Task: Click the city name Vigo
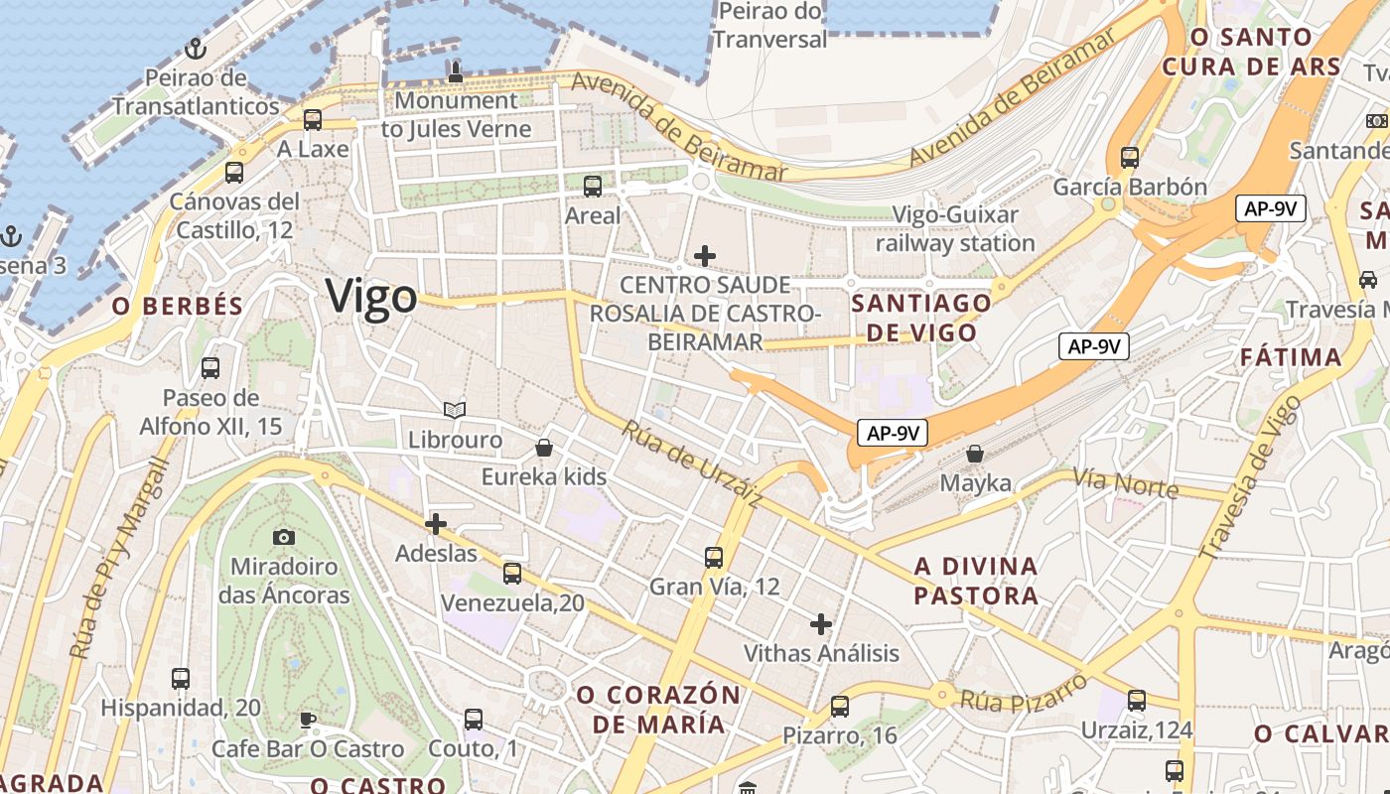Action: tap(371, 297)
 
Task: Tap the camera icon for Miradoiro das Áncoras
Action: tap(284, 537)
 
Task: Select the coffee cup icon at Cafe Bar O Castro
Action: tap(308, 720)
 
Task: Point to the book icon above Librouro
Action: tap(455, 410)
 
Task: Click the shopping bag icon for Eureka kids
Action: tap(543, 448)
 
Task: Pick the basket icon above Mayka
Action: tap(976, 454)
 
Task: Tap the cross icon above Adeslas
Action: tap(435, 524)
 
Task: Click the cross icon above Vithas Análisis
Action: tap(820, 624)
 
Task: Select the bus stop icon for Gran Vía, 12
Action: tap(714, 557)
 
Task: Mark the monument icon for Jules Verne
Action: tap(456, 70)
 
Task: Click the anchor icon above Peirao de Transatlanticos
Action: tap(196, 48)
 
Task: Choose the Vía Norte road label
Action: tap(1125, 483)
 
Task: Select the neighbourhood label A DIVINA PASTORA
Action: tap(976, 581)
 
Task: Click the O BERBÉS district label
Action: tap(178, 307)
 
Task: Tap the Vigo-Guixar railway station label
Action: tap(955, 229)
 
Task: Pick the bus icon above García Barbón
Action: tap(1129, 157)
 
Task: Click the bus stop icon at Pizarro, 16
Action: tap(840, 706)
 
